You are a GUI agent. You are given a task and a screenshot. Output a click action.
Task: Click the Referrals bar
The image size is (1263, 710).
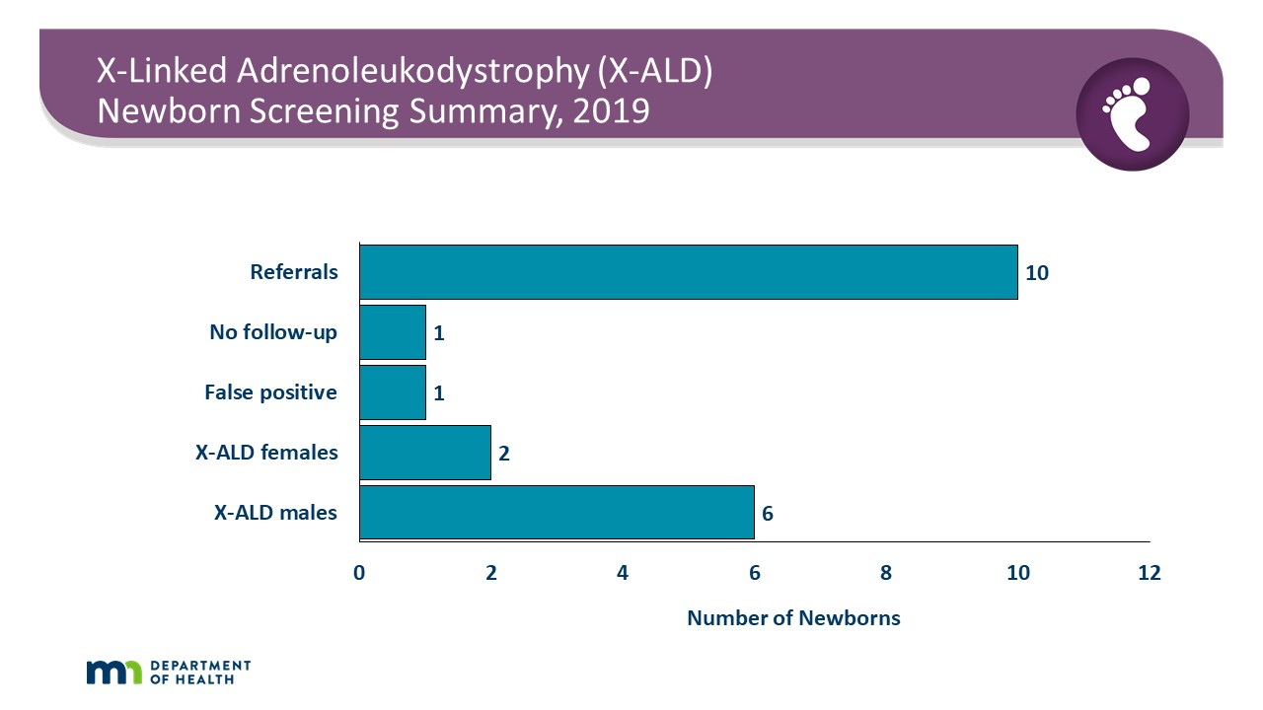tap(688, 272)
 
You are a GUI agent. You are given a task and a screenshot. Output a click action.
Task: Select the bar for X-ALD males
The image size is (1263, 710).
tap(557, 512)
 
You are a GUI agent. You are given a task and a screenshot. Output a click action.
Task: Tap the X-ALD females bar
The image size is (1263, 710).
tap(425, 453)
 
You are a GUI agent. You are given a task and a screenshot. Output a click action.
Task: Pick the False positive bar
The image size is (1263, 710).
tap(393, 392)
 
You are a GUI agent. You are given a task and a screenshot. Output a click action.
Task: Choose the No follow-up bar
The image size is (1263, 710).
tap(393, 332)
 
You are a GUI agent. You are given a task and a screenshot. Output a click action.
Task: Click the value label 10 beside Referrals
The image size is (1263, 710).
tap(1036, 273)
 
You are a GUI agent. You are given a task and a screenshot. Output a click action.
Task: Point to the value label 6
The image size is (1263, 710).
tap(767, 513)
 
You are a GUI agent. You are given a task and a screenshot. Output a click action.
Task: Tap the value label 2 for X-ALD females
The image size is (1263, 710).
tap(503, 454)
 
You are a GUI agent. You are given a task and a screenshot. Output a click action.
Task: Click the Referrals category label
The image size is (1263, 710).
tap(294, 272)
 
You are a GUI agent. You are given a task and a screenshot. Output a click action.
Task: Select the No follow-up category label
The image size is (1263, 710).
tap(273, 332)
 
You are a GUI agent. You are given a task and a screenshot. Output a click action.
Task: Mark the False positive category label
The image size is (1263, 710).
tap(270, 392)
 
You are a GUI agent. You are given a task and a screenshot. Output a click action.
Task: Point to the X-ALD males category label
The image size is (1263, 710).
tap(276, 513)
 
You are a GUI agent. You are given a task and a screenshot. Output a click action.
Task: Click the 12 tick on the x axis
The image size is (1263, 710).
tap(1149, 573)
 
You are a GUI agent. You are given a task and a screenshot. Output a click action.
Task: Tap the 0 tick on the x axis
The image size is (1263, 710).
tap(359, 573)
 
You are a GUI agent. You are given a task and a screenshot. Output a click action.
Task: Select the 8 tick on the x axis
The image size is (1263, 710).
tap(886, 573)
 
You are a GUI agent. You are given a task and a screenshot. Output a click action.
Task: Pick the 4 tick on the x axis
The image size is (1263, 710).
tap(623, 573)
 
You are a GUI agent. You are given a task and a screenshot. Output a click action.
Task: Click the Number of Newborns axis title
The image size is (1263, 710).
tap(793, 618)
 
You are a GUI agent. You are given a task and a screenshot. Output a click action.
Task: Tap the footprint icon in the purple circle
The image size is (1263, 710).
tap(1132, 113)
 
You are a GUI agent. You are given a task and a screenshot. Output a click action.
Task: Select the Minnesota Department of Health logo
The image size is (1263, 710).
tap(169, 672)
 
